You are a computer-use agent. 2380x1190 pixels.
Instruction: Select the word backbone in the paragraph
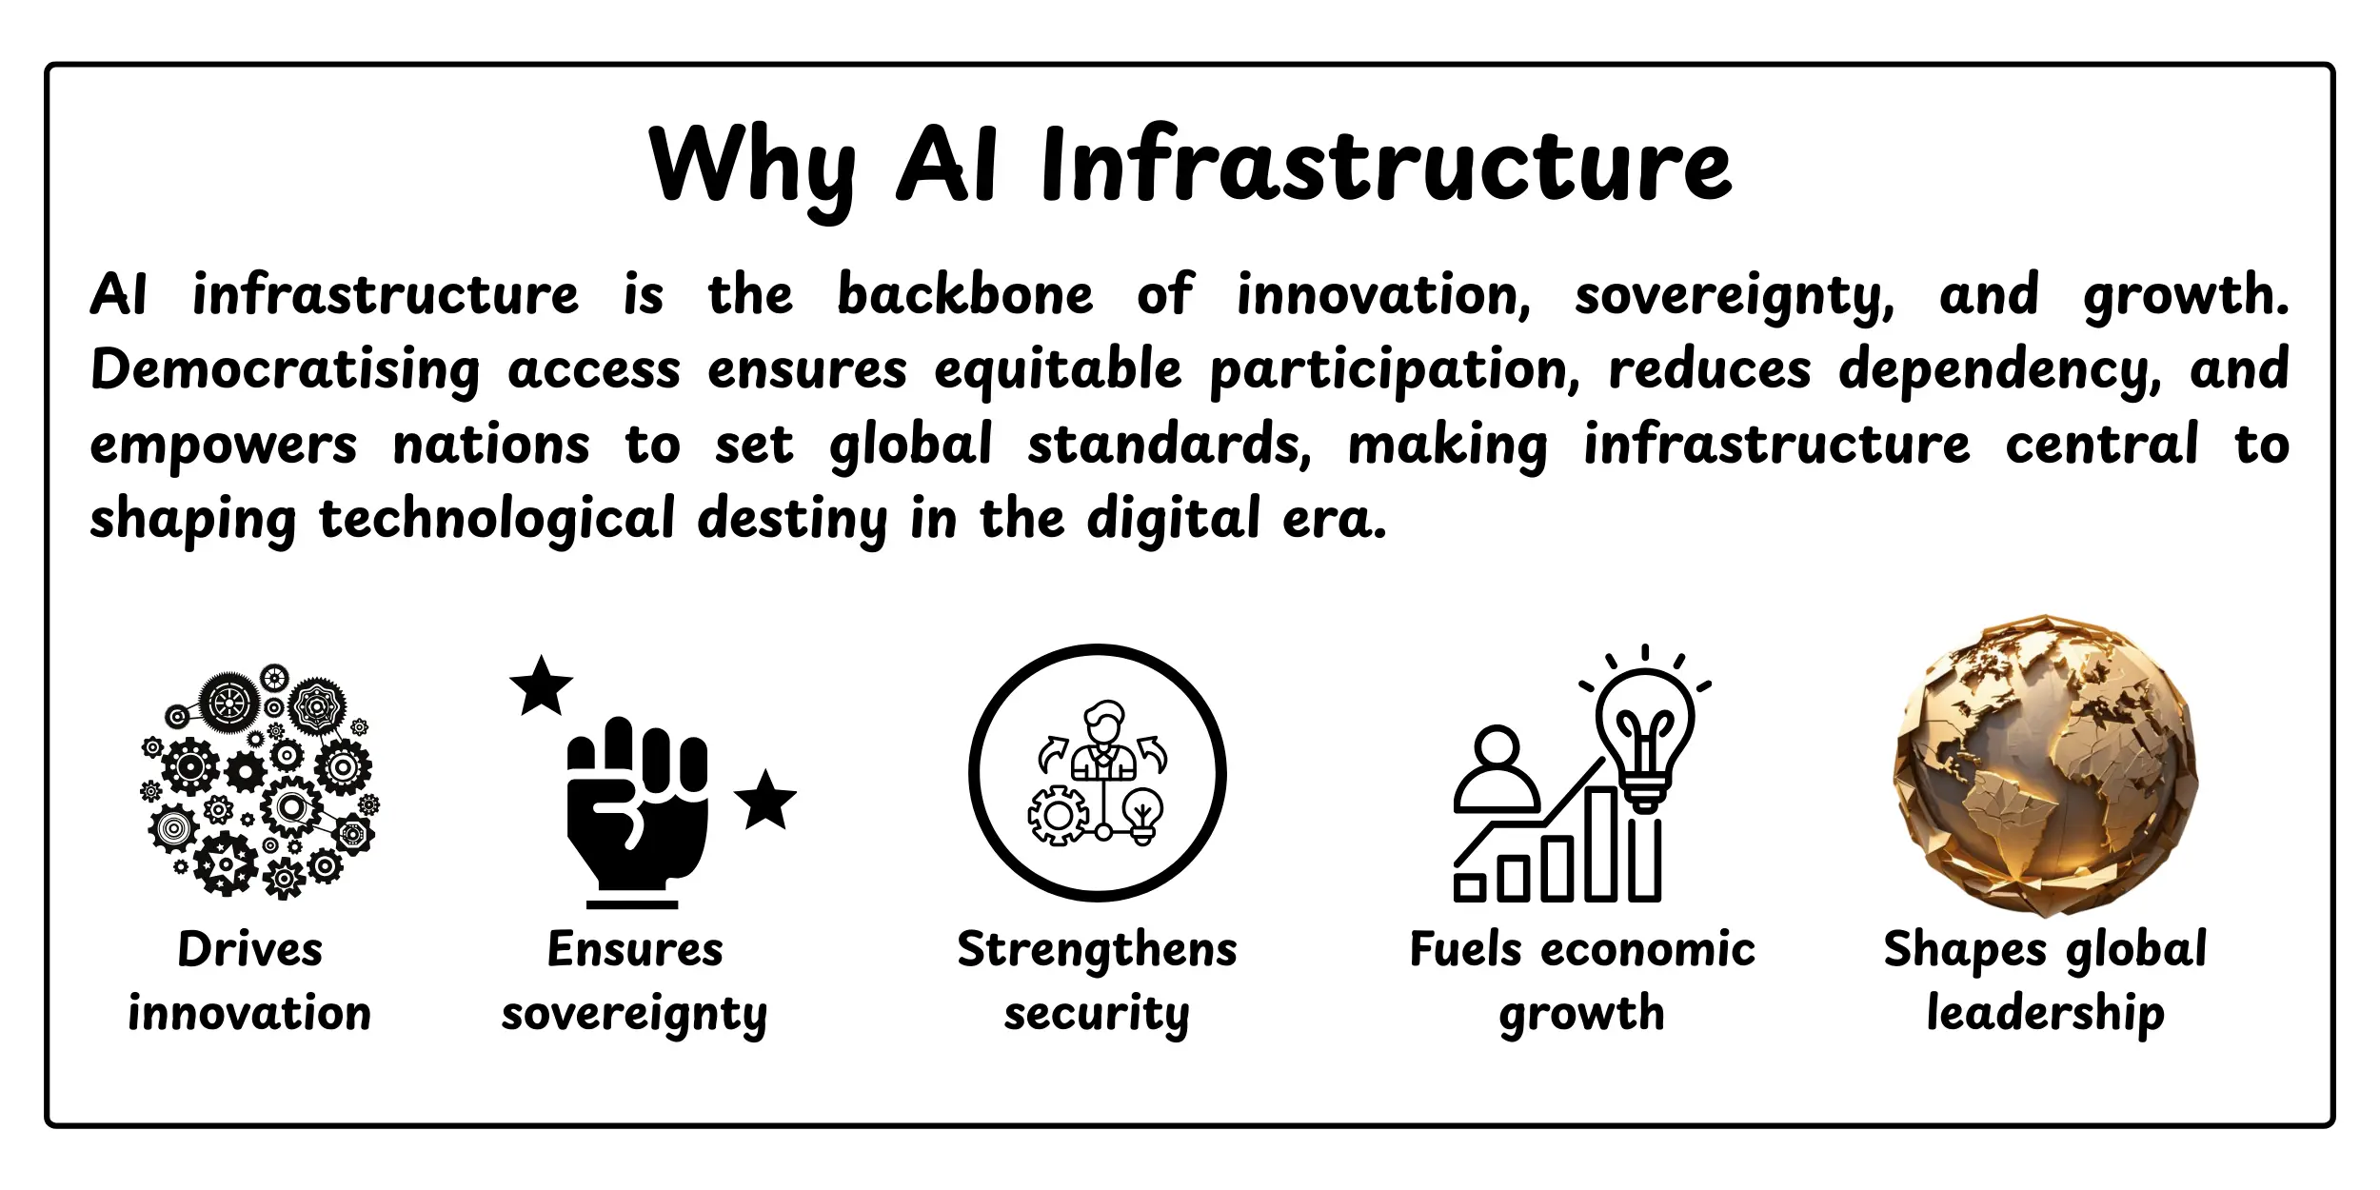click(964, 295)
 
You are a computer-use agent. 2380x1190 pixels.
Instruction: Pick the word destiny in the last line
click(792, 521)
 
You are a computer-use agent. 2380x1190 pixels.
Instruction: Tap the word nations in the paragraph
click(491, 446)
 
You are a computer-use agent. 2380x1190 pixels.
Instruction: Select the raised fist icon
click(636, 809)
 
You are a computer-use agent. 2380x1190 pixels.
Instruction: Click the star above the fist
click(541, 686)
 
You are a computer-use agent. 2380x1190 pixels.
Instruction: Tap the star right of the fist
click(764, 801)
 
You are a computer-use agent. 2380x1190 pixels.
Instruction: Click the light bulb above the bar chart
click(1644, 733)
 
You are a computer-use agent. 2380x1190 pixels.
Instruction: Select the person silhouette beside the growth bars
click(1497, 771)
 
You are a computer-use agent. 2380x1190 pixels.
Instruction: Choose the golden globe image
click(2045, 766)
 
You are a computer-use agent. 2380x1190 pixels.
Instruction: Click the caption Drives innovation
click(249, 981)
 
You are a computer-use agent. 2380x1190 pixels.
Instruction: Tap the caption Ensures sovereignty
click(634, 981)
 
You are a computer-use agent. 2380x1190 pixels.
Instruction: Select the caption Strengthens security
click(1097, 981)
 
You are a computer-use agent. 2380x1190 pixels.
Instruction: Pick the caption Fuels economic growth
click(1582, 981)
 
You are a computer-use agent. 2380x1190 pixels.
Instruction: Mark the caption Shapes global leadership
click(2045, 981)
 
